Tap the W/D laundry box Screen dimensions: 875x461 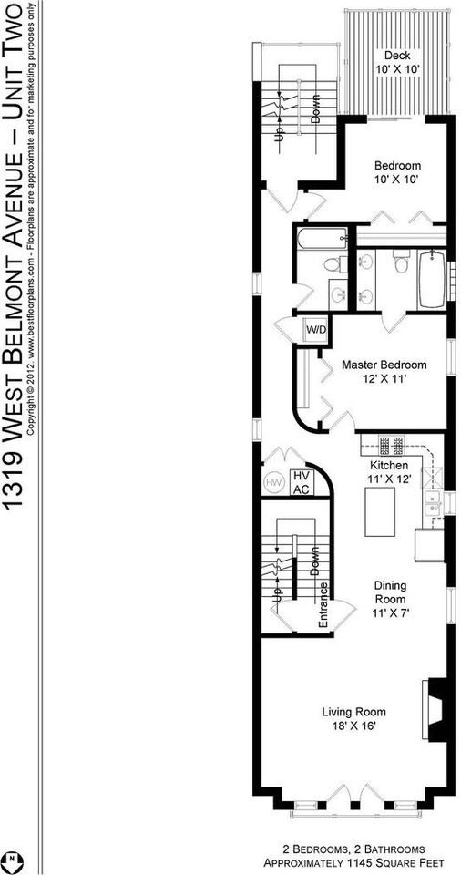pos(316,329)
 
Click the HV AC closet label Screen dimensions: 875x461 pos(300,482)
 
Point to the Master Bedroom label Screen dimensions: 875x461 pos(384,371)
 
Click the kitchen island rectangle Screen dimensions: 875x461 pos(378,511)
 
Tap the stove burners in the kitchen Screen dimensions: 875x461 pos(393,446)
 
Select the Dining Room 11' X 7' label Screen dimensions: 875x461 pos(392,599)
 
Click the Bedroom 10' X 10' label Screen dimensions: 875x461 pos(398,171)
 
